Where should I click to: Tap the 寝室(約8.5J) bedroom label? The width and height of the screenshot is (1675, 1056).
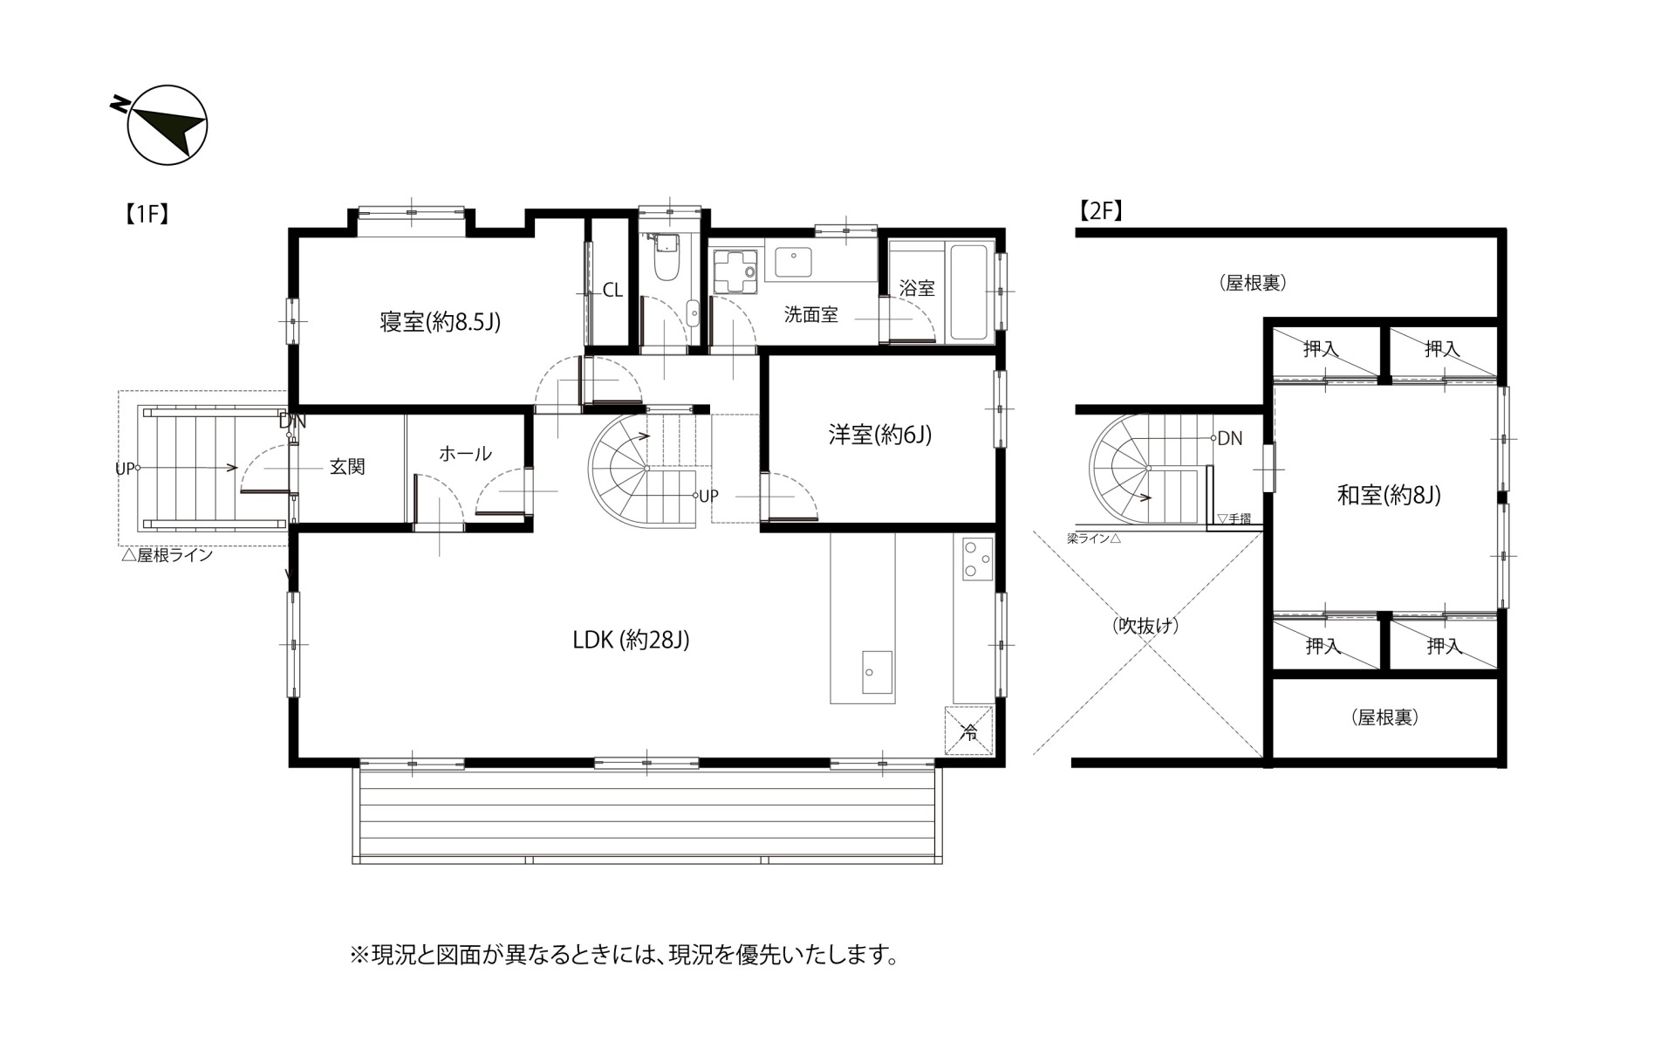coord(441,322)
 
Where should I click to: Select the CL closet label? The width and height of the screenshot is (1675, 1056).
coord(612,290)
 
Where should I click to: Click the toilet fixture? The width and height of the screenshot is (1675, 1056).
coord(667,257)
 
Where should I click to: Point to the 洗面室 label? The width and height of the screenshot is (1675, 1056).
coord(810,315)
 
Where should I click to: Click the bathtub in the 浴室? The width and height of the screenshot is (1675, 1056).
coord(968,292)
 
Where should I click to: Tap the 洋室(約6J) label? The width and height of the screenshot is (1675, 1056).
coord(880,435)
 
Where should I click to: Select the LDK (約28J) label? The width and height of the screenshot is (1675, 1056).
coord(631,640)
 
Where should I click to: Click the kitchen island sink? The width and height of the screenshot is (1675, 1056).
coord(877,672)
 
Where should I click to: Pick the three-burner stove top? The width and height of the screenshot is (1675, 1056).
coord(977,559)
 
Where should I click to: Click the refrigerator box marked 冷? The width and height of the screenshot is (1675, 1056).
coord(968,730)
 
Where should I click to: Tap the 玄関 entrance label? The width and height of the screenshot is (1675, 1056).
coord(346,467)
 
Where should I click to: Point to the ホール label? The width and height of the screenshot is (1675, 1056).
coord(465,454)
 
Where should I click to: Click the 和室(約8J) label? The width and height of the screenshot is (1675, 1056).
coord(1389,496)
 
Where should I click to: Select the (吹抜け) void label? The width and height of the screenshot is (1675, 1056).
coord(1145,625)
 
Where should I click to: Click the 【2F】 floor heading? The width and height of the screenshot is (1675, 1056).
coord(1100,210)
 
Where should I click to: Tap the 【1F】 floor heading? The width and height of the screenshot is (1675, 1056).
coord(146,214)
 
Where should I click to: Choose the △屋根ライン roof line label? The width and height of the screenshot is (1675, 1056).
coord(167,555)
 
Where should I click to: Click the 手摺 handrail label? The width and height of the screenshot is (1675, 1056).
coord(1234,518)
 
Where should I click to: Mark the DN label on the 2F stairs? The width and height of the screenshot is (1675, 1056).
coord(1229,438)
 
